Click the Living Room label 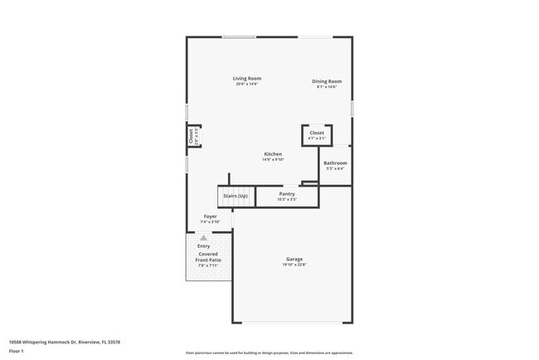pos(247,78)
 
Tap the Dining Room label pos(327,81)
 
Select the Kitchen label pos(273,154)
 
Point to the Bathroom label pos(335,163)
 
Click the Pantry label pos(286,194)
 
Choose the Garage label pos(294,259)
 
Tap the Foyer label pos(211,216)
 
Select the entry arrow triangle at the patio pos(203,238)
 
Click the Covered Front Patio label pos(208,257)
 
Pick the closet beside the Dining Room pos(317,134)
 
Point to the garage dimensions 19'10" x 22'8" pos(294,265)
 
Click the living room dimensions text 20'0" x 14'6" pos(247,84)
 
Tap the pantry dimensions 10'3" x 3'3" pos(286,200)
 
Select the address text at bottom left pos(65,341)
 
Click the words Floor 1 pos(17,351)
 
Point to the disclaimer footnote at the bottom pos(269,353)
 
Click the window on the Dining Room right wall pos(352,108)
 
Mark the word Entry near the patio pos(203,246)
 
